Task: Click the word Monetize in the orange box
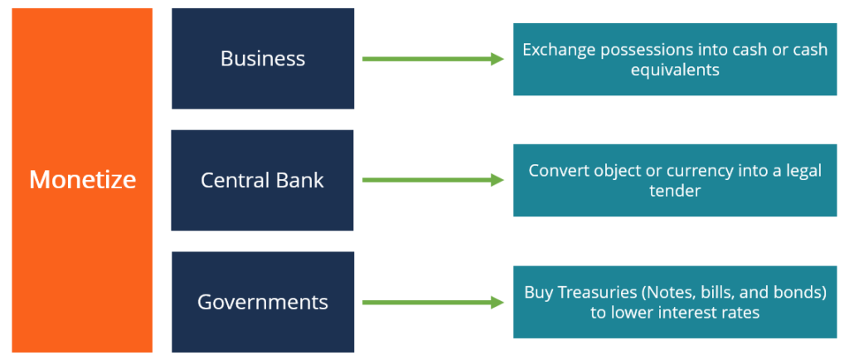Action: (82, 179)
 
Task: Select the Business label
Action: (263, 59)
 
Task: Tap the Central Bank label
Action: (262, 180)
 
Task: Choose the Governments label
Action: (263, 302)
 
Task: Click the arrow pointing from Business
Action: (434, 59)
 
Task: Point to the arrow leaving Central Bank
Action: (434, 180)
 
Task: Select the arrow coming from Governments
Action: (434, 303)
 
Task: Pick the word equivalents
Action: (675, 71)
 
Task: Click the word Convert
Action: (560, 171)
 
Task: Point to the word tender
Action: (675, 192)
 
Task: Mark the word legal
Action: (801, 171)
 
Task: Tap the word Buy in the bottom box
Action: (538, 292)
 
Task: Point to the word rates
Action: (740, 313)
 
